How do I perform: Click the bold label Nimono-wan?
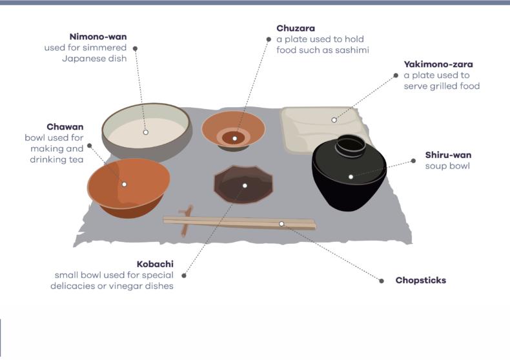pyautogui.click(x=97, y=36)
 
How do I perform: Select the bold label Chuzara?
pyautogui.click(x=296, y=28)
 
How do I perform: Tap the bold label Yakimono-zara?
pyautogui.click(x=438, y=64)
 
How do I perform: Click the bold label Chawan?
pyautogui.click(x=65, y=126)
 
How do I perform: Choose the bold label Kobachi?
pyautogui.click(x=155, y=264)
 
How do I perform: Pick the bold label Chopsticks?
pyautogui.click(x=420, y=281)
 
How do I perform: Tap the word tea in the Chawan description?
pyautogui.click(x=76, y=160)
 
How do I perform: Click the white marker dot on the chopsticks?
pyautogui.click(x=281, y=223)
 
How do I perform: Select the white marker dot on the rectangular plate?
pyautogui.click(x=334, y=119)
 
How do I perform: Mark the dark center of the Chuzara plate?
pyautogui.click(x=234, y=137)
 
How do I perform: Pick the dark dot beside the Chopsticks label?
pyautogui.click(x=381, y=281)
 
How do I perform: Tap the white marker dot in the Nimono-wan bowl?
pyautogui.click(x=146, y=132)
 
